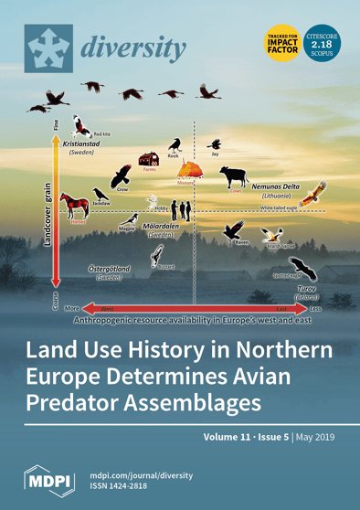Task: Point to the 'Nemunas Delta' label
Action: pyautogui.click(x=276, y=186)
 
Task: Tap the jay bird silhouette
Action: pyautogui.click(x=217, y=143)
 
